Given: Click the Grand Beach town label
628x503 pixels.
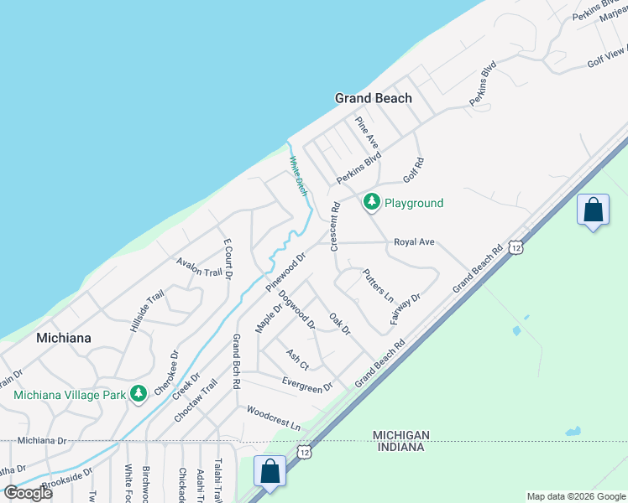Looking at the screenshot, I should (374, 98).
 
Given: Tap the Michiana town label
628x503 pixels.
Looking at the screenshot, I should (63, 338).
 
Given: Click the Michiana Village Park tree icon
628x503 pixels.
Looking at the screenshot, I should (138, 394).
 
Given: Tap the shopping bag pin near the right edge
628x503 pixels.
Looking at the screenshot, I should (593, 210).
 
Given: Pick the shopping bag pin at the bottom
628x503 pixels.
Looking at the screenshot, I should (270, 472).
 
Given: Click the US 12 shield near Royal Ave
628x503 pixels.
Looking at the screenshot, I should (516, 247).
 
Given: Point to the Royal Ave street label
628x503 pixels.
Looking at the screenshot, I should (415, 242).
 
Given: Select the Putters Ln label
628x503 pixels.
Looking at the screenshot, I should (378, 285).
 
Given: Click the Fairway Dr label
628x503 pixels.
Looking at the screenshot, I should (405, 309).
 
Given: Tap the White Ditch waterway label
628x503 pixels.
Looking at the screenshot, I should (298, 176).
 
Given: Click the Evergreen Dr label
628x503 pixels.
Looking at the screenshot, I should (307, 385).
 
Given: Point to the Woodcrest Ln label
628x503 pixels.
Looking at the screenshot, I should (273, 418).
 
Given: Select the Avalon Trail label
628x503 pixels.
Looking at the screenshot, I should (199, 267).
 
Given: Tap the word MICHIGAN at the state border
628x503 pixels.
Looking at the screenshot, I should (401, 434).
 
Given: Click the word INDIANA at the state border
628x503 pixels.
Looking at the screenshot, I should (400, 447).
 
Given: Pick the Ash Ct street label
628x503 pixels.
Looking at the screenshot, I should (298, 360).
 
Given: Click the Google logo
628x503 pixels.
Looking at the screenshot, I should (29, 493).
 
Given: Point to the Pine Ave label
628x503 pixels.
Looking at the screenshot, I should (367, 132).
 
